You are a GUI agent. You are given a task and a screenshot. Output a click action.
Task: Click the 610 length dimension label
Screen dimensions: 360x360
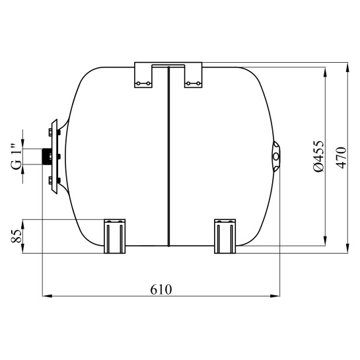161,289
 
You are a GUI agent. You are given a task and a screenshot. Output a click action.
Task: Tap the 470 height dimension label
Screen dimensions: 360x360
341,158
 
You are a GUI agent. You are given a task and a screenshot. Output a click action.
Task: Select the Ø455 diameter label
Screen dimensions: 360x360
319,156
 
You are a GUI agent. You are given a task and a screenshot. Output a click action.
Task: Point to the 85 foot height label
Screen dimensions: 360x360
17,236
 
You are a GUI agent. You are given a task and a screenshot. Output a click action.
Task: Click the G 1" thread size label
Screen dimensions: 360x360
16,157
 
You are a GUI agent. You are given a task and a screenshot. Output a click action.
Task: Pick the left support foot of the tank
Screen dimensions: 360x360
114,236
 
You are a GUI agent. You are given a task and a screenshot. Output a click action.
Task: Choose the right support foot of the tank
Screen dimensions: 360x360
225,236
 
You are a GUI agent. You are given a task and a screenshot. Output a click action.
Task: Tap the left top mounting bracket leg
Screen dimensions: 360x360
143,75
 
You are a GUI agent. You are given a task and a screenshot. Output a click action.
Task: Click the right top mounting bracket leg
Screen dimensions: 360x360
194,75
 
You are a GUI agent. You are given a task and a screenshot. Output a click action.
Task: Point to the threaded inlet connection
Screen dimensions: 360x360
47,157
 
